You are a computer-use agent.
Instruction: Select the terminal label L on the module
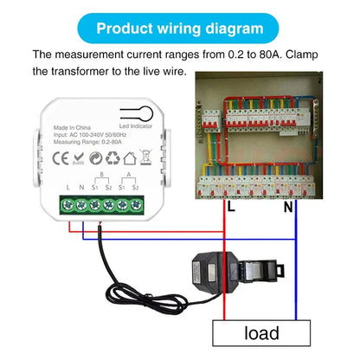pos(67,188)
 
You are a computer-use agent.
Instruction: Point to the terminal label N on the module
pos(82,188)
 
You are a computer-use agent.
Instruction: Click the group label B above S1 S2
pos(104,175)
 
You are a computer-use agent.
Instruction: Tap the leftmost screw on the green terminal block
pos(67,205)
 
